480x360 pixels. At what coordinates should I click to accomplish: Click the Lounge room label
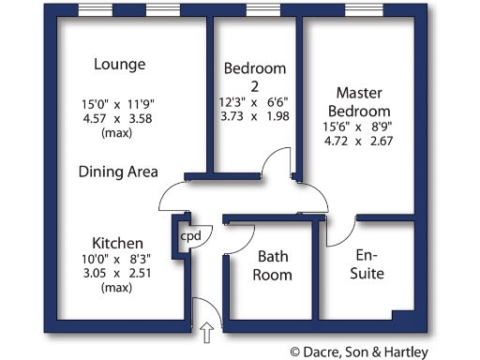(x=120, y=65)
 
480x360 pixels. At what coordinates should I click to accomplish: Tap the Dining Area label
(x=118, y=172)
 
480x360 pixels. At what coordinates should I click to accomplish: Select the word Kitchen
(x=117, y=242)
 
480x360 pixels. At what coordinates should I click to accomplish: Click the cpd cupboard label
(x=190, y=236)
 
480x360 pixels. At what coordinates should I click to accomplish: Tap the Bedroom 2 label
(x=255, y=78)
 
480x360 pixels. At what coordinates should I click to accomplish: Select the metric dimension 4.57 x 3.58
(x=118, y=119)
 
